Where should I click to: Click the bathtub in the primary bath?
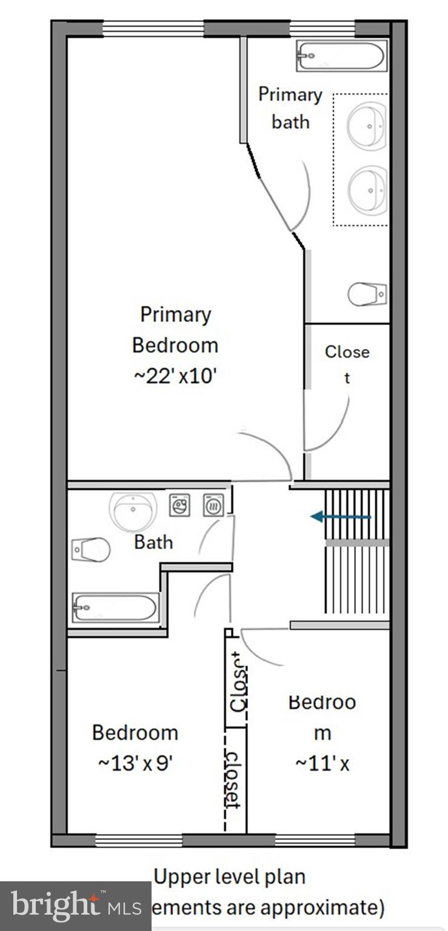point(341,56)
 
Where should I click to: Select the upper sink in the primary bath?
point(367,126)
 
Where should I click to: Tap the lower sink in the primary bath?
point(367,190)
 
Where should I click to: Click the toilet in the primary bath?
point(367,294)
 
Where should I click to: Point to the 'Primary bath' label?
point(290,108)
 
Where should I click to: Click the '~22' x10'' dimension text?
point(175,376)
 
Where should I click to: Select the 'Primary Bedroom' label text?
point(175,330)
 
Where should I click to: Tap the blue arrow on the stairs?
point(340,517)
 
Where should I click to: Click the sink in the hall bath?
point(133,511)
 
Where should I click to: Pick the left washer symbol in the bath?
point(179,505)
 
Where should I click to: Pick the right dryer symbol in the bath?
point(213,505)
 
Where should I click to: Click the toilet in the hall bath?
point(91,550)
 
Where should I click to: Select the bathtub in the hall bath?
point(115,607)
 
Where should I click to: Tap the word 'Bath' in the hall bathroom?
point(153,542)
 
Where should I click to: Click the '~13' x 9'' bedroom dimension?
point(135,762)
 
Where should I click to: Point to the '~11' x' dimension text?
point(322,764)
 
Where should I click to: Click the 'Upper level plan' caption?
point(229,876)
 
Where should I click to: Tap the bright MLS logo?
point(75,906)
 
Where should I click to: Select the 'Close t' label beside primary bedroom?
point(347,364)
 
